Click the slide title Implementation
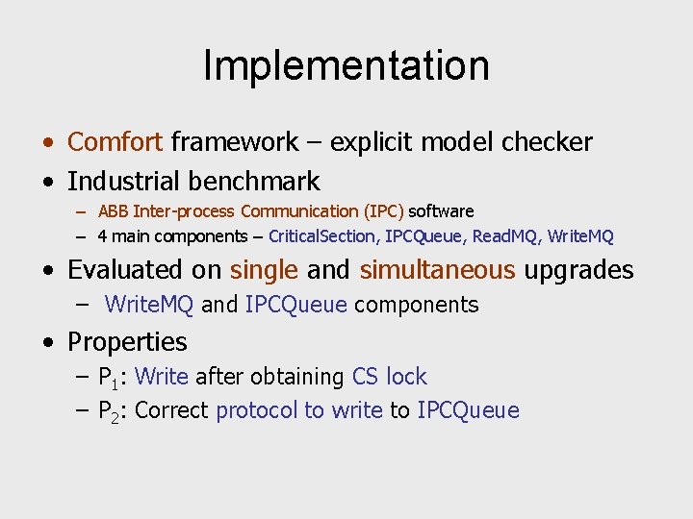346,65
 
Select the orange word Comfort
115,142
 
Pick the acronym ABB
114,210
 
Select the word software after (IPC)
441,210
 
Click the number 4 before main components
103,236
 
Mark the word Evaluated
143,270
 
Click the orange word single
265,270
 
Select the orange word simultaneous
437,270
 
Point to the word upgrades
578,270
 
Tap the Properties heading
127,341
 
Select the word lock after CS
406,377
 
